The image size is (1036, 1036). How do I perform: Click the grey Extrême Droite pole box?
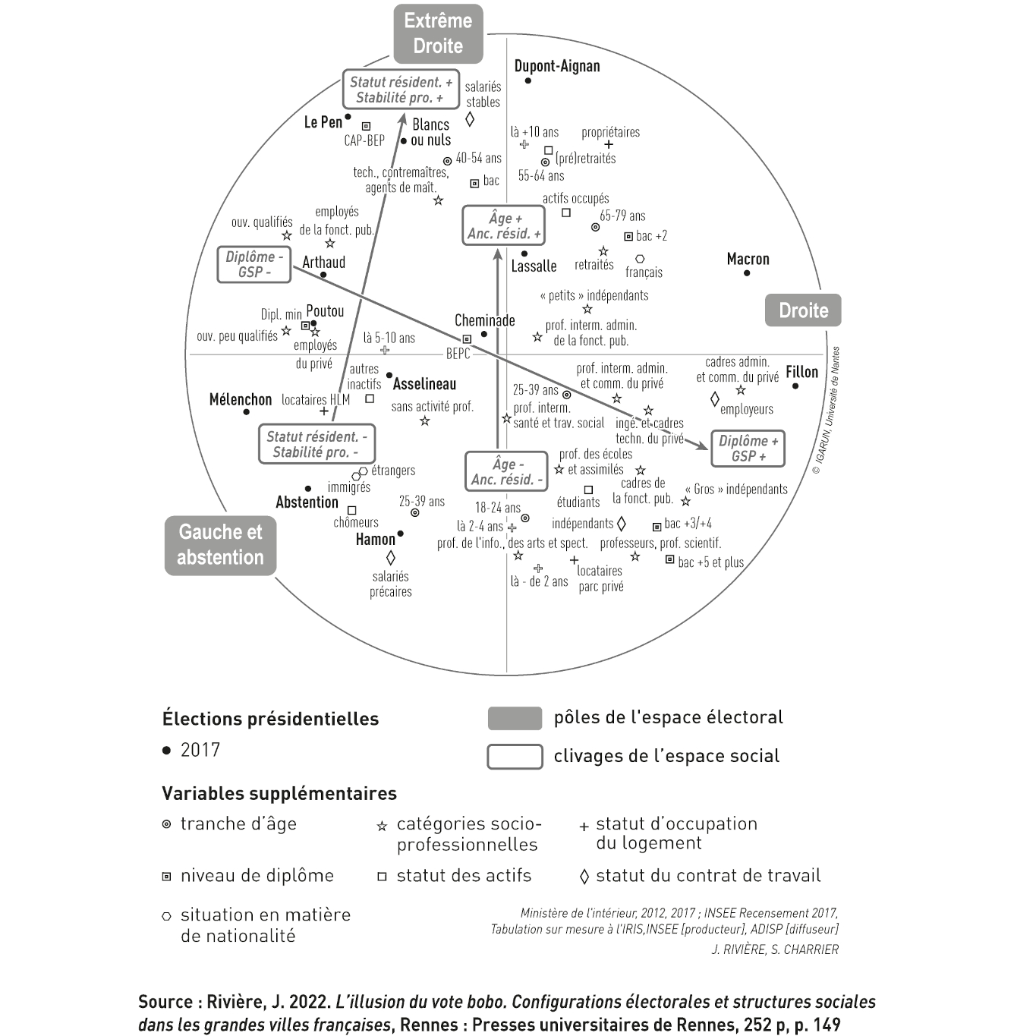[438, 33]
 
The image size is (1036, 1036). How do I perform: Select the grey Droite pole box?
[803, 310]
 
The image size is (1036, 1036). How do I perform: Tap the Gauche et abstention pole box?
[220, 545]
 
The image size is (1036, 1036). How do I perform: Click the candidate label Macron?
[748, 260]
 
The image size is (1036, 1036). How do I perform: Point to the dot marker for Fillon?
[795, 386]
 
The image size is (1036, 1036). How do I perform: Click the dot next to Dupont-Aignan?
[528, 80]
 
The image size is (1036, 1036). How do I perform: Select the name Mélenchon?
[240, 400]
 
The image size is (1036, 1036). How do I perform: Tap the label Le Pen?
[323, 122]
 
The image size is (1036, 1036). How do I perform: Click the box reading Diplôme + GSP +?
[748, 449]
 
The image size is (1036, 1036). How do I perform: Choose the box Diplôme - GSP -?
[254, 265]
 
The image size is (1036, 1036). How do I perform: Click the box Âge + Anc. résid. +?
[504, 225]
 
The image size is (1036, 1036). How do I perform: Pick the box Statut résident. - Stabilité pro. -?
[316, 444]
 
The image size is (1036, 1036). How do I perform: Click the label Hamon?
[375, 540]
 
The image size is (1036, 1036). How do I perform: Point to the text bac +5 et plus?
[710, 562]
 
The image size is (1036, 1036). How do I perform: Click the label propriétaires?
[610, 132]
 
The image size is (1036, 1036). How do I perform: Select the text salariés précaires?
[391, 584]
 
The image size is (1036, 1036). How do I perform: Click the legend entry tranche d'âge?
[238, 824]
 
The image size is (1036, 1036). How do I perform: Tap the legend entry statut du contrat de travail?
[707, 876]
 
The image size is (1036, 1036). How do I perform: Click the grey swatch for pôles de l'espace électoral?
[515, 718]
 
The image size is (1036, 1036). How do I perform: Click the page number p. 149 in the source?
[817, 1025]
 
